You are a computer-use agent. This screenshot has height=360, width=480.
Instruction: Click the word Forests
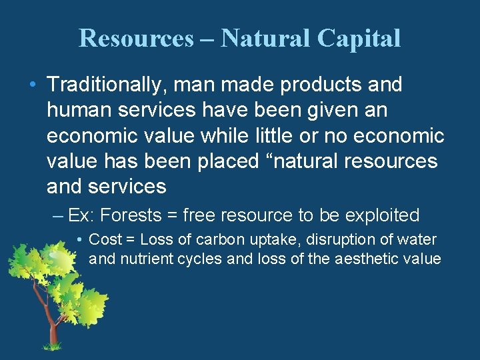(x=139, y=215)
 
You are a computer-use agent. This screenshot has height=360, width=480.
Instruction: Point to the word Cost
(x=103, y=239)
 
